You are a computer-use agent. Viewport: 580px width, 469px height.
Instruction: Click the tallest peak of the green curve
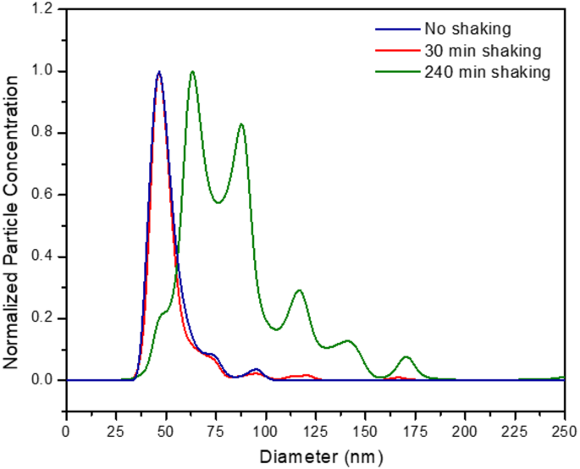pyautogui.click(x=192, y=72)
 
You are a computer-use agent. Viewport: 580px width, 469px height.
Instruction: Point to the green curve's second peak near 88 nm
pyautogui.click(x=242, y=125)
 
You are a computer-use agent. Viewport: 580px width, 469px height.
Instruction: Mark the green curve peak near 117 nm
pyautogui.click(x=299, y=291)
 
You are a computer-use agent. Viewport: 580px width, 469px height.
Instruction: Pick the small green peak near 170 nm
pyautogui.click(x=406, y=357)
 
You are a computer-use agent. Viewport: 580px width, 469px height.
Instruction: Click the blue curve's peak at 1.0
pyautogui.click(x=158, y=72)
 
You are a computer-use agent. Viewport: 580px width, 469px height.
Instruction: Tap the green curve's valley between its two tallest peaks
pyautogui.click(x=218, y=202)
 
